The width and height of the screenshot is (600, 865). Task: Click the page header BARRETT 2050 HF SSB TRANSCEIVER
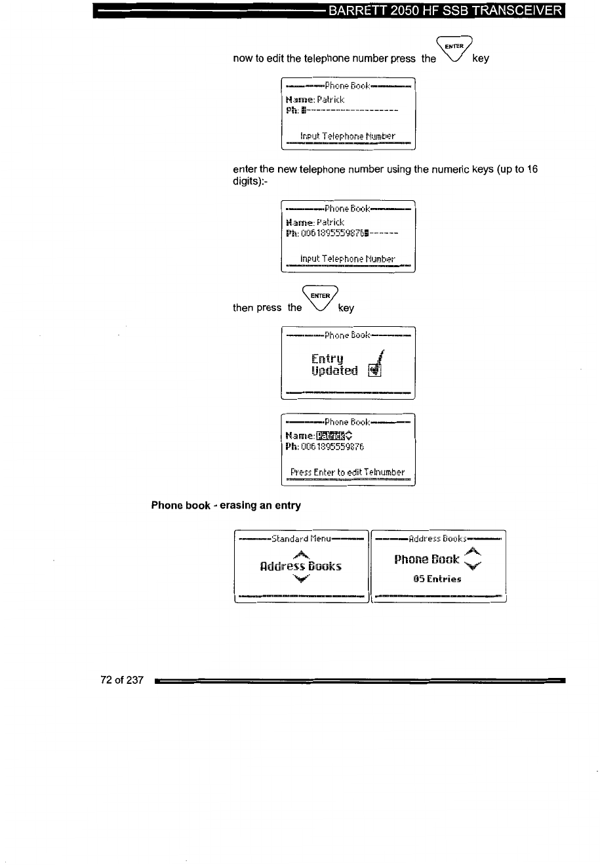446,11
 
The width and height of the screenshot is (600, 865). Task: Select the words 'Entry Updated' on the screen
334,364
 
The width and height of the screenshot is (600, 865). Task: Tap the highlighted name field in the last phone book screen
334,436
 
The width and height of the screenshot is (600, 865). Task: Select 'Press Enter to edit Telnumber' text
348,472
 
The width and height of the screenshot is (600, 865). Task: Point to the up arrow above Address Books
300,553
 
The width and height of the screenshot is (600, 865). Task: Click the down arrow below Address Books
300,578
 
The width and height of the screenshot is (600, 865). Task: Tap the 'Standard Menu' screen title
301,539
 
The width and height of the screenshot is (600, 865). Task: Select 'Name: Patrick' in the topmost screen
315,100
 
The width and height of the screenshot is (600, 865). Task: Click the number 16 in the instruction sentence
532,169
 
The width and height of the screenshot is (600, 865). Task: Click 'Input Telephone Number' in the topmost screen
348,136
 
